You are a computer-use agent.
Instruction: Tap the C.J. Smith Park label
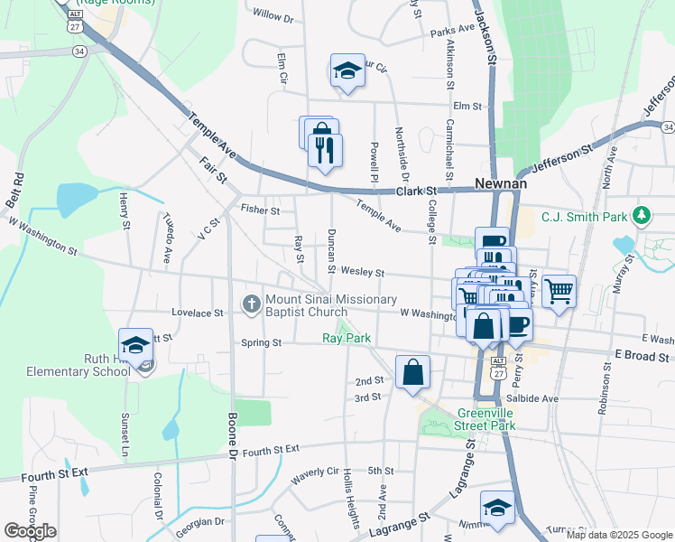[x=583, y=217]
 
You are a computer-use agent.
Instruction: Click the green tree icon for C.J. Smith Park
[x=642, y=215]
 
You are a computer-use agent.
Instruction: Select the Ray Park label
[x=347, y=339]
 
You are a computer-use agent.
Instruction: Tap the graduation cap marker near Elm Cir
[x=347, y=71]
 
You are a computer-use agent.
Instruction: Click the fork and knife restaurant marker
[x=325, y=149]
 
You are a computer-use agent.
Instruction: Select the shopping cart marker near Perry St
[x=559, y=291]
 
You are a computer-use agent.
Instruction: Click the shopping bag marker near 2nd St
[x=412, y=371]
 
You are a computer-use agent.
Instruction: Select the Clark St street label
[x=418, y=192]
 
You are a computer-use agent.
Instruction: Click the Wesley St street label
[x=366, y=272]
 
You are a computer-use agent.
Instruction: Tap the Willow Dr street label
[x=273, y=16]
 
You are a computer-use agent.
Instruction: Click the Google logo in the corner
[x=30, y=531]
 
